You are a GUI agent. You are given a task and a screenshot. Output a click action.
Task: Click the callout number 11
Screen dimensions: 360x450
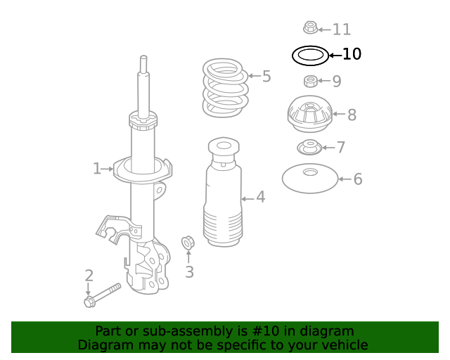(x=342, y=30)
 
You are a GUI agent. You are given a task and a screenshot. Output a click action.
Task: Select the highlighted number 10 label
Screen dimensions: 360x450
(x=352, y=54)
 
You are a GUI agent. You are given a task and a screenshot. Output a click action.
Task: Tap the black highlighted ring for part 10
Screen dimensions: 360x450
(x=309, y=55)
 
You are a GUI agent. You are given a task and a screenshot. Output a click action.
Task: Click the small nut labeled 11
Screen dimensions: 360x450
(x=310, y=28)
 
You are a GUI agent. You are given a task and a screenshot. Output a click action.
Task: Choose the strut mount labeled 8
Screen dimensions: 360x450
(x=309, y=115)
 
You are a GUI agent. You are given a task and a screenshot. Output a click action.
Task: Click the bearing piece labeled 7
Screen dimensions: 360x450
(x=309, y=148)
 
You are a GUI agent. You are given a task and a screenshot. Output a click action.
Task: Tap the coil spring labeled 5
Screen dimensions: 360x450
(x=225, y=88)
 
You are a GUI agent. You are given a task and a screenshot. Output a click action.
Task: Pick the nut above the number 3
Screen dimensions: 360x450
(x=188, y=243)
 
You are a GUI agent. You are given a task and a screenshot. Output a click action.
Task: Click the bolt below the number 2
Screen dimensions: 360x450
(x=102, y=295)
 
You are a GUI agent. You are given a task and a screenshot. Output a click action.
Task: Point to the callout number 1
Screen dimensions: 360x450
(x=97, y=168)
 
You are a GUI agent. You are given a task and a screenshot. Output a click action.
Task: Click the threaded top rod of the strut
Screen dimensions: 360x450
(x=143, y=84)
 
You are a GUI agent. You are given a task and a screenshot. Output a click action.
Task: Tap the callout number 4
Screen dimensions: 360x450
(x=261, y=197)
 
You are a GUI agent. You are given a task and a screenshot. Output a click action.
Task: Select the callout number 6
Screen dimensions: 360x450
(x=358, y=179)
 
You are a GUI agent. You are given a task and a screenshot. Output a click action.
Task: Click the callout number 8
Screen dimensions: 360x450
(x=352, y=115)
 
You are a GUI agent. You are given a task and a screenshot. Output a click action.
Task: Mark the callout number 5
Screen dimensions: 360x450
(x=266, y=76)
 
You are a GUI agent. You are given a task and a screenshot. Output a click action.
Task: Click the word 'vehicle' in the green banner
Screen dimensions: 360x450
(x=344, y=345)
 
